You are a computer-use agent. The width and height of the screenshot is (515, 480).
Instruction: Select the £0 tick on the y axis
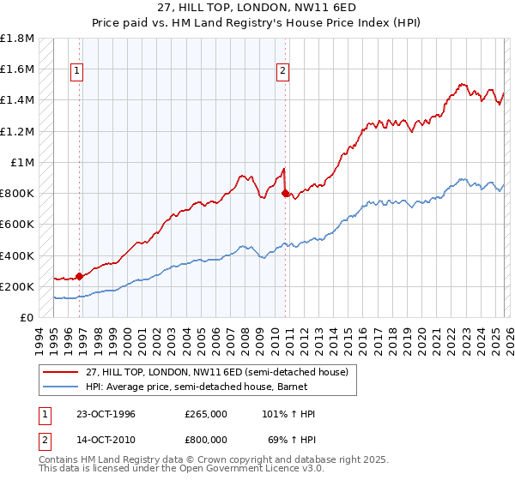pyautogui.click(x=27, y=317)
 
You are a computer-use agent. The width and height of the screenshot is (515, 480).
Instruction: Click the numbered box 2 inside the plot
pyautogui.click(x=282, y=72)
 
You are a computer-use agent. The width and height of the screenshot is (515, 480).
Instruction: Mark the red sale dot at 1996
pyautogui.click(x=80, y=276)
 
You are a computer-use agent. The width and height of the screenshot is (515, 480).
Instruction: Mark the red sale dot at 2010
pyautogui.click(x=285, y=194)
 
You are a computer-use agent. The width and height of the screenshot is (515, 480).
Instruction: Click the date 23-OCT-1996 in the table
pyautogui.click(x=104, y=414)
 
